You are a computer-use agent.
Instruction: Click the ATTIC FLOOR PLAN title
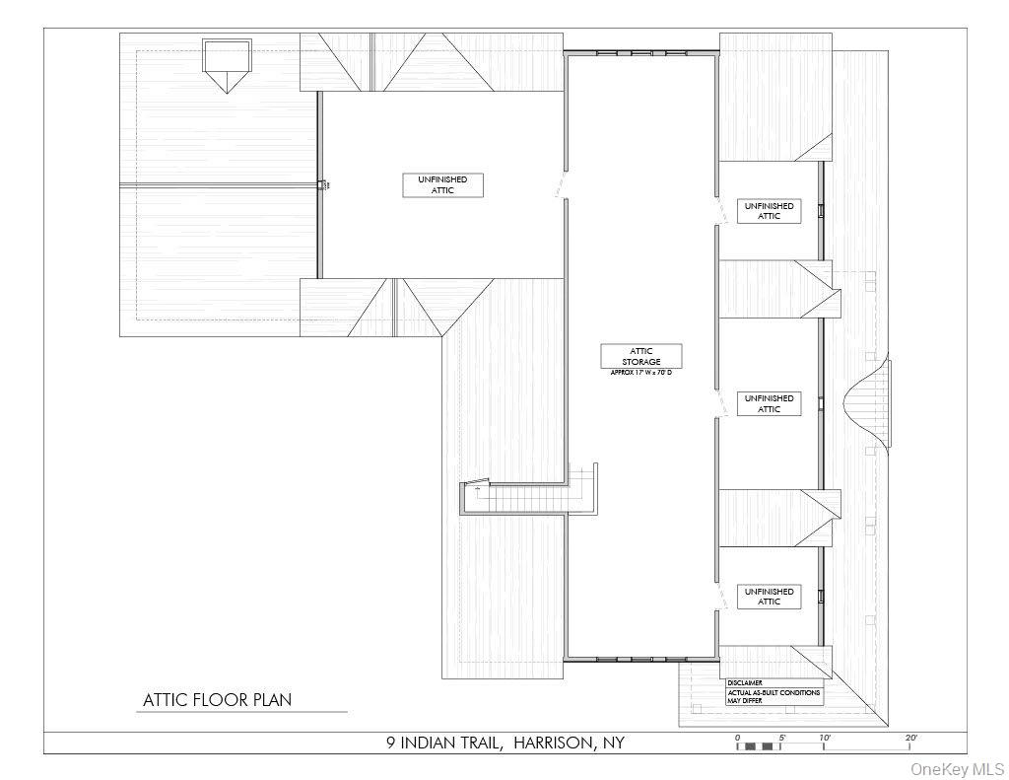[217, 700]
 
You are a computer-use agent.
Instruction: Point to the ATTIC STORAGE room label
[641, 356]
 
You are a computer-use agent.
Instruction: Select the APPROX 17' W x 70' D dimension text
[641, 373]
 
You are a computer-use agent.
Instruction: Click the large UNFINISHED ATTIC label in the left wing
[442, 184]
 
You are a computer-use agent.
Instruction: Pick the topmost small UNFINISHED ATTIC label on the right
[769, 211]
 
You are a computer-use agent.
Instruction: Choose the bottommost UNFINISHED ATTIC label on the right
[769, 597]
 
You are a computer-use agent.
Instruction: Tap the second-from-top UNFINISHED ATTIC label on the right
[769, 403]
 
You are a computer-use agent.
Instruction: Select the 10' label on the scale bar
[824, 738]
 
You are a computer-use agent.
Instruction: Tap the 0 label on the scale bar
[737, 738]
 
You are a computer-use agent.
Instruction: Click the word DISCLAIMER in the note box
[745, 682]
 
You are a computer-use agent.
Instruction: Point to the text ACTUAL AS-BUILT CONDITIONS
[773, 693]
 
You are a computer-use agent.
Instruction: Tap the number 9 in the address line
[391, 744]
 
